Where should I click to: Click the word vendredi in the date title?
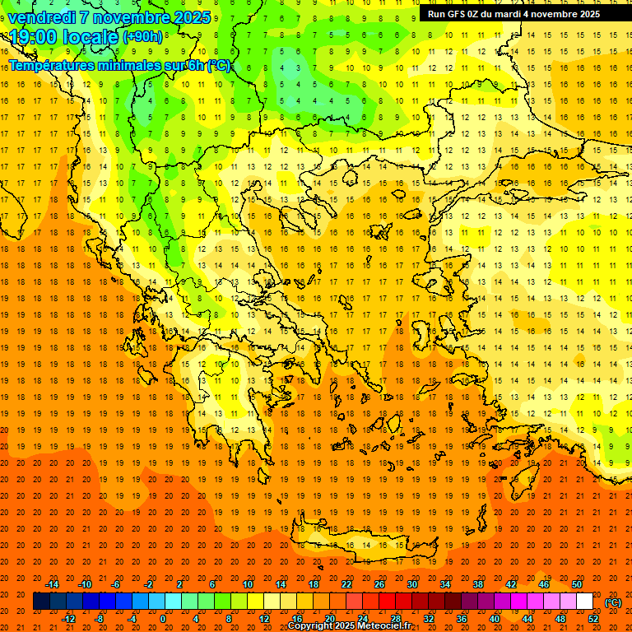tap(43, 17)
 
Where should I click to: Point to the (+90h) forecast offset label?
tap(142, 37)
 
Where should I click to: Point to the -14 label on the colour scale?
tap(51, 584)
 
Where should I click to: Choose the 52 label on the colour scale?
tap(593, 618)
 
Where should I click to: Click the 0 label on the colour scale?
tap(163, 618)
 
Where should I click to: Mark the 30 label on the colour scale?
tap(411, 584)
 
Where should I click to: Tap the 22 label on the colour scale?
tap(346, 584)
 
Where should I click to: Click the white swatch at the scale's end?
tap(584, 602)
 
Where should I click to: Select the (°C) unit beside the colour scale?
tap(612, 602)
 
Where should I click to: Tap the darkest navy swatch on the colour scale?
tap(41, 602)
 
